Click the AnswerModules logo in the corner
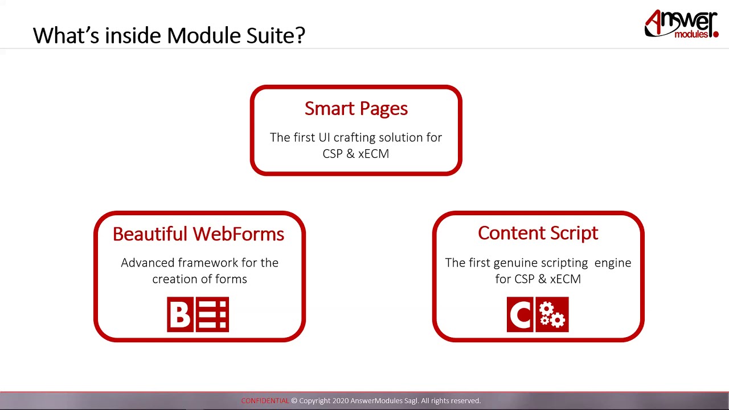[681, 24]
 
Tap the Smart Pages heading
[356, 108]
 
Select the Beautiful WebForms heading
[198, 234]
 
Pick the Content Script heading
[538, 233]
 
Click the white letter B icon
[181, 314]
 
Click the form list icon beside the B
[213, 314]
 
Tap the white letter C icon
[521, 314]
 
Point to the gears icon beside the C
[552, 314]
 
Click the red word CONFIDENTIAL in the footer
[265, 401]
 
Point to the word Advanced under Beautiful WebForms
[148, 263]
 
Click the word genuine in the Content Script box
[518, 263]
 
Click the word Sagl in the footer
[410, 401]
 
